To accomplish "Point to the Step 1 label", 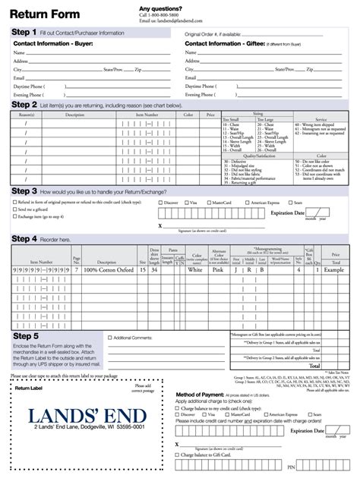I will pyautogui.click(x=24, y=33).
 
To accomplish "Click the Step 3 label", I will pyautogui.click(x=24, y=191).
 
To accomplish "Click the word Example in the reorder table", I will pyautogui.click(x=334, y=269).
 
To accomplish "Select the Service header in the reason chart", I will pyautogui.click(x=321, y=118).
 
